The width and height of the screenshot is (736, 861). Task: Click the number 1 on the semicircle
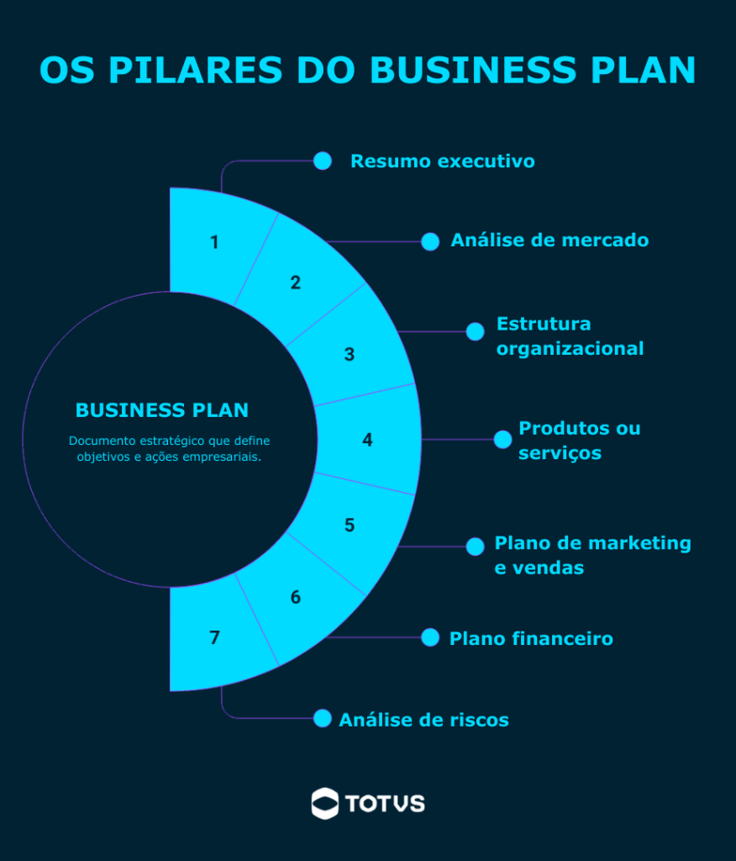tap(214, 242)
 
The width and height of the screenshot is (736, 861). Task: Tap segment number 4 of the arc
tap(367, 439)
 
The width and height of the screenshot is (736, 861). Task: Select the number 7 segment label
tap(214, 637)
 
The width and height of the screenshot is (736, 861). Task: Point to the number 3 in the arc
tap(350, 354)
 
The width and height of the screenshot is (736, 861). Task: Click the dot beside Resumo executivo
tap(323, 161)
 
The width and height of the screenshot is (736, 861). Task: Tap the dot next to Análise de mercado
tap(430, 241)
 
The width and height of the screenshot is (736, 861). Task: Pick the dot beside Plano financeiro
tap(430, 637)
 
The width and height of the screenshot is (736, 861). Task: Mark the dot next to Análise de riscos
tap(323, 718)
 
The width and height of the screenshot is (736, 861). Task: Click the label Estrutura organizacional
tap(570, 335)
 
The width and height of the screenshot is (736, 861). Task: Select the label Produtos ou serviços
tap(579, 440)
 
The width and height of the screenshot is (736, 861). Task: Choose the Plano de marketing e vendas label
tap(592, 555)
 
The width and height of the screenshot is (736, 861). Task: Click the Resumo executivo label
tap(442, 161)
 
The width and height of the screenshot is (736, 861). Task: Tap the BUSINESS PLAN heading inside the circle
tap(162, 410)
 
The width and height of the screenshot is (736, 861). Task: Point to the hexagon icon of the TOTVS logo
tap(325, 803)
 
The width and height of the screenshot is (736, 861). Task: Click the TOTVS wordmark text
tap(385, 804)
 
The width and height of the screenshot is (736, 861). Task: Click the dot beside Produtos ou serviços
tap(502, 439)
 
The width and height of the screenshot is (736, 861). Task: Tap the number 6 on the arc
tap(295, 597)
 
